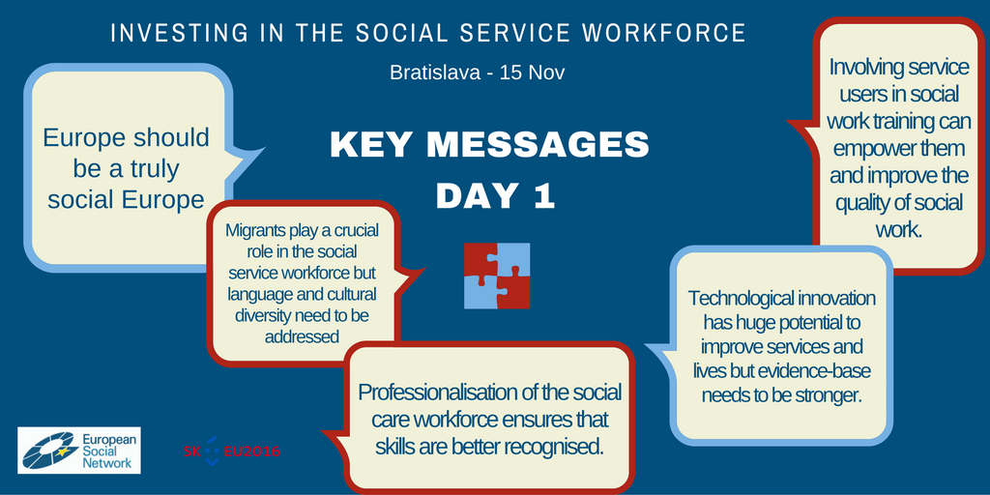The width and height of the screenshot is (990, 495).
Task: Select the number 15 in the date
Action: (x=509, y=73)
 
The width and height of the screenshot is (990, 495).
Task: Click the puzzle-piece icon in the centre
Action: (x=497, y=276)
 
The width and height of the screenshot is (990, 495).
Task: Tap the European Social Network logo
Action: (x=79, y=451)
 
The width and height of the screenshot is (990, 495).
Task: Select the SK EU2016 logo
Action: (x=232, y=451)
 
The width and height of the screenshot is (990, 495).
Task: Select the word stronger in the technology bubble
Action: (x=829, y=395)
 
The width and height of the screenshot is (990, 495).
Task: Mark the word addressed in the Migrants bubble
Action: (x=302, y=336)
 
